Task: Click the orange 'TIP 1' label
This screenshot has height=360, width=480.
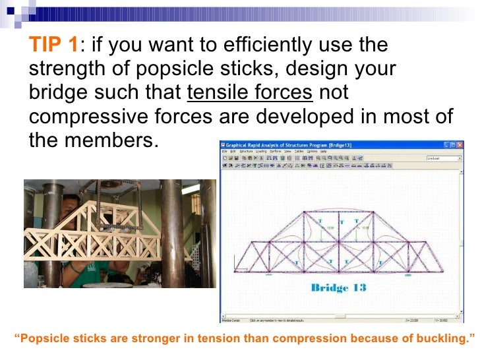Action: point(53,46)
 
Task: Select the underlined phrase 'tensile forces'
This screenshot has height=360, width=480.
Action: point(250,93)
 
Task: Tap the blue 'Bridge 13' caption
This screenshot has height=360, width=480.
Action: point(338,288)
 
